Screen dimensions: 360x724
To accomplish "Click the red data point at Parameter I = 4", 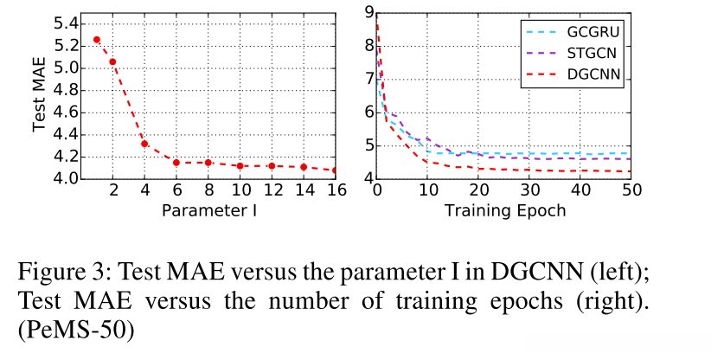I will [144, 144].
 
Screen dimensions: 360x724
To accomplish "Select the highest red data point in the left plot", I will [96, 40].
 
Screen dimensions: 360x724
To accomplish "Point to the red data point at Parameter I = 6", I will [176, 163].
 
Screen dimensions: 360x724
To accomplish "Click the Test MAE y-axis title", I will [39, 95].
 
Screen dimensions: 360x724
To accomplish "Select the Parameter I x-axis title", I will [208, 210].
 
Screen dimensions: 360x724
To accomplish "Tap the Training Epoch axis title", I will [505, 210].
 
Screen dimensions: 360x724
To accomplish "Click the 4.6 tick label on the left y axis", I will [65, 112].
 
